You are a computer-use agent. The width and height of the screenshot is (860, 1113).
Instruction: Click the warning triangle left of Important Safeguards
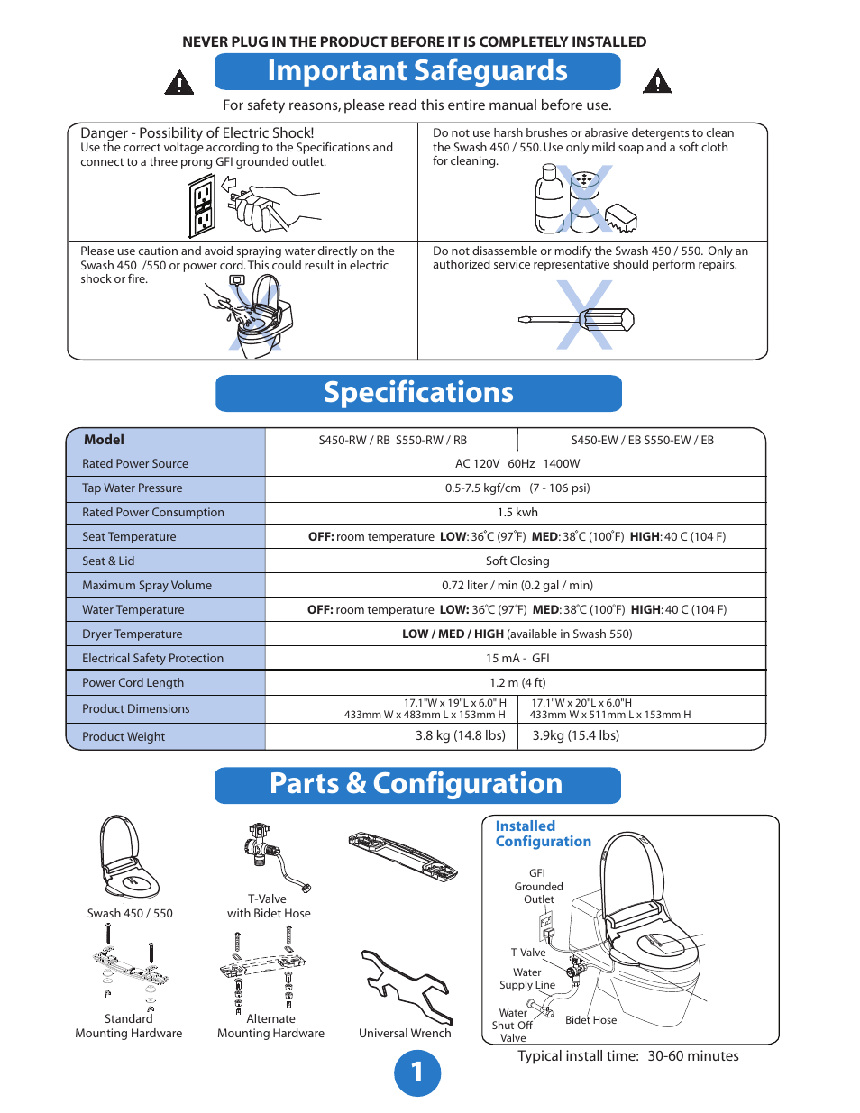pyautogui.click(x=179, y=83)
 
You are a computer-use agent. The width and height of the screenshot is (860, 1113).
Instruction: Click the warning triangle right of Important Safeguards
pyautogui.click(x=657, y=82)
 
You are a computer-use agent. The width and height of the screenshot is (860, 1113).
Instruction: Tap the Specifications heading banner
pyautogui.click(x=418, y=393)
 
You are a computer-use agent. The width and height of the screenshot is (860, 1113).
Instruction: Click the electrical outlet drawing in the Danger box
pyautogui.click(x=202, y=206)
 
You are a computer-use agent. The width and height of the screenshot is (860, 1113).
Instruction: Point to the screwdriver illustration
pyautogui.click(x=577, y=319)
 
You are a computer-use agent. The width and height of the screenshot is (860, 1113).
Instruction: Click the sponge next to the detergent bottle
pyautogui.click(x=620, y=217)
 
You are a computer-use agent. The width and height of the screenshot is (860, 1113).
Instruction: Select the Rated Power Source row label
pyautogui.click(x=135, y=464)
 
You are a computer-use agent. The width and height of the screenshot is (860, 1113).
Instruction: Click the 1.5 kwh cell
pyautogui.click(x=517, y=513)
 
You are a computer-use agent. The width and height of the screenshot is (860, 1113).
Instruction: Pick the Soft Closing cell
pyautogui.click(x=517, y=561)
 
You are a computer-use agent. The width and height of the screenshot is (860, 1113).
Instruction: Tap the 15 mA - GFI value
pyautogui.click(x=517, y=659)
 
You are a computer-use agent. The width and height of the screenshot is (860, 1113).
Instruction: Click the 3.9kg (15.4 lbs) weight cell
pyautogui.click(x=575, y=735)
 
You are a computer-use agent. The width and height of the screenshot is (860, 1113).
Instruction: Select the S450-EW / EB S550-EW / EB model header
pyautogui.click(x=642, y=441)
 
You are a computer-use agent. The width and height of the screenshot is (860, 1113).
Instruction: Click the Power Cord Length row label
pyautogui.click(x=133, y=683)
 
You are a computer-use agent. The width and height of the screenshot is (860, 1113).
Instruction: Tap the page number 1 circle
pyautogui.click(x=417, y=1072)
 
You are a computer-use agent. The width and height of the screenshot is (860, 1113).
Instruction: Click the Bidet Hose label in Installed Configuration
pyautogui.click(x=590, y=1020)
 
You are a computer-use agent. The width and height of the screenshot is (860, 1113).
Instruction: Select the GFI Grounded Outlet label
pyautogui.click(x=538, y=886)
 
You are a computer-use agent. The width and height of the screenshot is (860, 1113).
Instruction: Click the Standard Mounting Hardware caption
pyautogui.click(x=129, y=1026)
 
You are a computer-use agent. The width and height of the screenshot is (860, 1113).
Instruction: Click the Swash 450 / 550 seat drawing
pyautogui.click(x=129, y=857)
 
